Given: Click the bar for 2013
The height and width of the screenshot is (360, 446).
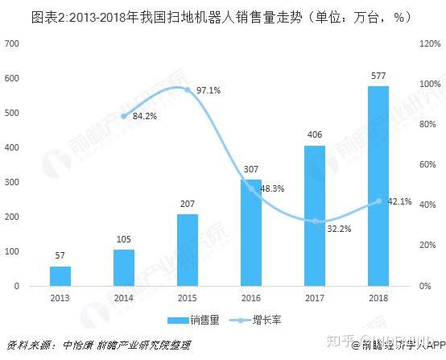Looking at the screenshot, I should click(60, 275).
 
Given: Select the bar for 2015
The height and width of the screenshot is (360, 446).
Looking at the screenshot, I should click(188, 250).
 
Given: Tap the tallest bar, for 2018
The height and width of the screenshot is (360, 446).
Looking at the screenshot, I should click(378, 185).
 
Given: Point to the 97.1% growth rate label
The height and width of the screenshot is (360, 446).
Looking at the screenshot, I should click(208, 89).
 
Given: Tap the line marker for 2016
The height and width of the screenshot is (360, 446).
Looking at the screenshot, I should click(251, 188).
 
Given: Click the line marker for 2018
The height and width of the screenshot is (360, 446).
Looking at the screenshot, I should click(378, 201).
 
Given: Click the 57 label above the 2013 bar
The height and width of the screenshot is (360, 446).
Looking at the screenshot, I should click(60, 256).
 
